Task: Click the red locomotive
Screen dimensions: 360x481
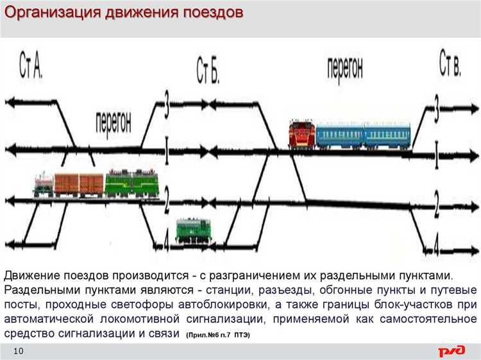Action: (x=301, y=134)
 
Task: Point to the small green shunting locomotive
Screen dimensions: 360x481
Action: (x=192, y=230)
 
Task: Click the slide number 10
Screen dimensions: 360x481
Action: (x=18, y=350)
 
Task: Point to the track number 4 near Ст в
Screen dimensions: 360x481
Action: (x=437, y=245)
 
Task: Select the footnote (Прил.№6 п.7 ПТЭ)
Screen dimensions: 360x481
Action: (x=218, y=335)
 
